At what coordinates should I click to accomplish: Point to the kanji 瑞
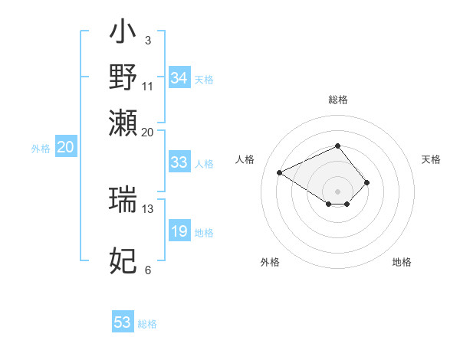coord(123,198)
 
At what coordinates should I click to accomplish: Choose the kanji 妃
coord(123,260)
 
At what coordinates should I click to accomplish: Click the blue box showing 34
coord(179,78)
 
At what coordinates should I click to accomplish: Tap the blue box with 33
coord(179,162)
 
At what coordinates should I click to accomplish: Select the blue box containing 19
coord(179,231)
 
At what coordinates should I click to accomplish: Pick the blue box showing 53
coord(123,322)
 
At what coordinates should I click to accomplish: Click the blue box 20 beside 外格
coord(65,148)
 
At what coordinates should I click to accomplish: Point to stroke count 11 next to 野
coord(148,86)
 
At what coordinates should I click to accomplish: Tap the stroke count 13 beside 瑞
coord(148,208)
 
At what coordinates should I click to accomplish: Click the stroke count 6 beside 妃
coord(148,270)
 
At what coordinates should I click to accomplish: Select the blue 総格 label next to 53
coord(147,324)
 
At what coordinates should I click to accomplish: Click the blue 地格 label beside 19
coord(204,233)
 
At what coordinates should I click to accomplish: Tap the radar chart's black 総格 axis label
coord(337,100)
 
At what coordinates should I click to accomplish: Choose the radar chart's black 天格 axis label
coord(431,159)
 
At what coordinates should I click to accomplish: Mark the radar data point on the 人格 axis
coord(280,172)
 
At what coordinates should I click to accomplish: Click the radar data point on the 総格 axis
coord(337,146)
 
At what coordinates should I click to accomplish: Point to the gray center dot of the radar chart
coord(337,191)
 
